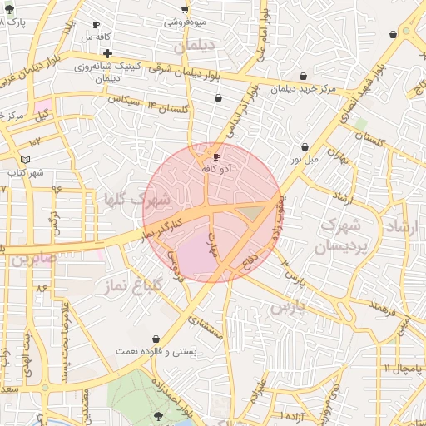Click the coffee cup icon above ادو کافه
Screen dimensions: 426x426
coord(216,156)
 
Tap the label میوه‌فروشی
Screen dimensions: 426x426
coord(185,22)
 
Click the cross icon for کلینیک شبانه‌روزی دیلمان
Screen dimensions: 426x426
coord(108,53)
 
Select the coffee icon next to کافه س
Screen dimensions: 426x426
coord(97,25)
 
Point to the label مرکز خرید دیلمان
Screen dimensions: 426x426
coord(304,87)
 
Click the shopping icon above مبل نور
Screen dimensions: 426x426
coord(305,146)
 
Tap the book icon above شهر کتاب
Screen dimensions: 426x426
coord(26,159)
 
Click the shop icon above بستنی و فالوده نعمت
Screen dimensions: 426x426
coord(157,339)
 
